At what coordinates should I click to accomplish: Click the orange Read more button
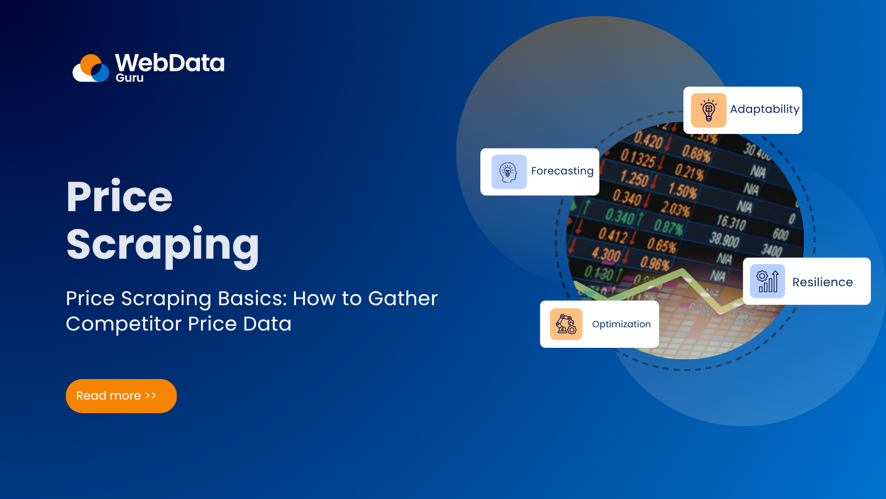(x=121, y=396)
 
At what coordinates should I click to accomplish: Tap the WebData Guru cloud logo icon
(x=91, y=69)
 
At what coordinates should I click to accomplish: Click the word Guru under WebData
(x=130, y=78)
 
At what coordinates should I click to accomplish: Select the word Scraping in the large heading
(x=163, y=245)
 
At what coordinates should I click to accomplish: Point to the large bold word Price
(x=119, y=197)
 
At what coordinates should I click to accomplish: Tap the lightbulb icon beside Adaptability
(x=708, y=110)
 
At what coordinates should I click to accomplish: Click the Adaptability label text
(x=764, y=109)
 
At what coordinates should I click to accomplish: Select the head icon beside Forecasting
(x=509, y=172)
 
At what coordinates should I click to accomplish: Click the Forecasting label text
(x=562, y=171)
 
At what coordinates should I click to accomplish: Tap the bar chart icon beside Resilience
(x=767, y=281)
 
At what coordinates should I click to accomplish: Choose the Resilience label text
(x=822, y=282)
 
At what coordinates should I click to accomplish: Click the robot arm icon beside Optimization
(x=566, y=324)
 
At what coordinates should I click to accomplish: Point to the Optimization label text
(x=621, y=324)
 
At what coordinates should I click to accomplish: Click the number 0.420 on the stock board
(x=648, y=140)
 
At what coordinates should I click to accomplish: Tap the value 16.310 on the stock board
(x=731, y=221)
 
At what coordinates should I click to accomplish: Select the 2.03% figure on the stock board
(x=675, y=208)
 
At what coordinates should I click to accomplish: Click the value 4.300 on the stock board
(x=606, y=254)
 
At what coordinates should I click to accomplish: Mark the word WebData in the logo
(x=170, y=63)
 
